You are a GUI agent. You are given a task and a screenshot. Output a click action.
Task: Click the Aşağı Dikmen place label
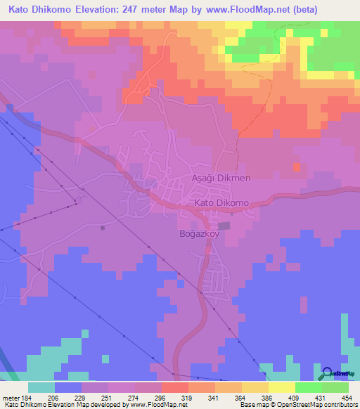click(221, 178)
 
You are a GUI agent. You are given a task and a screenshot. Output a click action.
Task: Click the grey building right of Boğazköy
click(224, 226)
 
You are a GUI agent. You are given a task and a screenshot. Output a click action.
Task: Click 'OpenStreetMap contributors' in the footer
click(318, 405)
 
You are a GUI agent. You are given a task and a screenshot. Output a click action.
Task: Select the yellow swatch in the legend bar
click(281, 387)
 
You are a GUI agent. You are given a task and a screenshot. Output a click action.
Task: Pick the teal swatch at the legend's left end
click(41, 387)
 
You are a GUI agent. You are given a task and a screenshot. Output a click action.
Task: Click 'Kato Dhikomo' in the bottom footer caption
click(24, 405)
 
